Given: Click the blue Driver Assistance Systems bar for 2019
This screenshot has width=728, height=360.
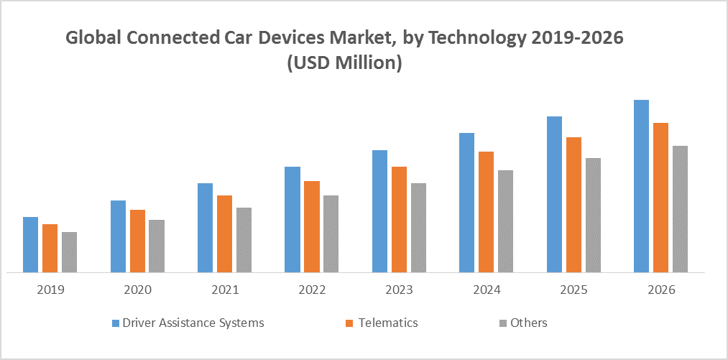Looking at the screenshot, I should point(30,245).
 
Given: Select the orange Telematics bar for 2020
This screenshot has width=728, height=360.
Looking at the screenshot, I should point(137,241).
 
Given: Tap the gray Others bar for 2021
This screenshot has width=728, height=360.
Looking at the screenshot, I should point(244,240).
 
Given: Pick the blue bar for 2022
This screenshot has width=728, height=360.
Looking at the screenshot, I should point(292,220).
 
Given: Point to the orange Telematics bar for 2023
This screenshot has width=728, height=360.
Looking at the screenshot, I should point(399,220).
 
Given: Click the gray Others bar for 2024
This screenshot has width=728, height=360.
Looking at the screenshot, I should point(505,221).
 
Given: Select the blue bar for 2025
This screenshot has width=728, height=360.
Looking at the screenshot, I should point(554,195).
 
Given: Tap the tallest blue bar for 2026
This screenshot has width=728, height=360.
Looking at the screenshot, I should point(641,186).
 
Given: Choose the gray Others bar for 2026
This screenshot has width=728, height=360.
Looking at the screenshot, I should point(680,209).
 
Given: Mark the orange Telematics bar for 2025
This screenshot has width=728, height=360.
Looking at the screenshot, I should point(573,205).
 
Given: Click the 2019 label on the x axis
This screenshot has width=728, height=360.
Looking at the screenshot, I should point(50,290).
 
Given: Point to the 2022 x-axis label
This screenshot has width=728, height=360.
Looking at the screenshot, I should point(311,290).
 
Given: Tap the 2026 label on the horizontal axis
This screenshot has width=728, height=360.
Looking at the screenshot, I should point(660,290).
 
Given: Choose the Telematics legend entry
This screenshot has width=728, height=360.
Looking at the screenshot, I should point(387,323).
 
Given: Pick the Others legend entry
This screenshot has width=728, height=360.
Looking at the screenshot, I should point(529,323).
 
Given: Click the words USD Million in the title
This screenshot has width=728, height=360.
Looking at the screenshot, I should point(344,63).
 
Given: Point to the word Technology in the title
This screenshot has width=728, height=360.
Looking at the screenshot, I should point(486,39).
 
